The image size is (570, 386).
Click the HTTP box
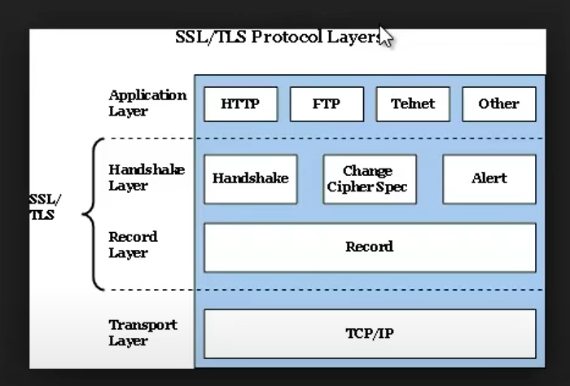tap(240, 104)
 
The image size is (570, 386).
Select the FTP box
tap(327, 104)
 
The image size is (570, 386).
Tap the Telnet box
tap(413, 104)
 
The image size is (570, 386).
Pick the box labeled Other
tap(498, 104)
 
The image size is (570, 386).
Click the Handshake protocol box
tap(250, 178)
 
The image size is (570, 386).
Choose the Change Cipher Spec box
tap(369, 179)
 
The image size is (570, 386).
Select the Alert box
tap(489, 178)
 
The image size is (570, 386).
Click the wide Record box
tap(369, 247)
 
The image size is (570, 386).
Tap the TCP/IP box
tap(369, 334)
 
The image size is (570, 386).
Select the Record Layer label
tap(134, 244)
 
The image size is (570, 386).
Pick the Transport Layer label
tap(142, 332)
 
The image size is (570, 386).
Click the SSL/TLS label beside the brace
tap(45, 207)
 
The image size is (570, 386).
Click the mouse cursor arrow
tap(386, 36)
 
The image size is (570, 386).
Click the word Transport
tap(142, 325)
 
